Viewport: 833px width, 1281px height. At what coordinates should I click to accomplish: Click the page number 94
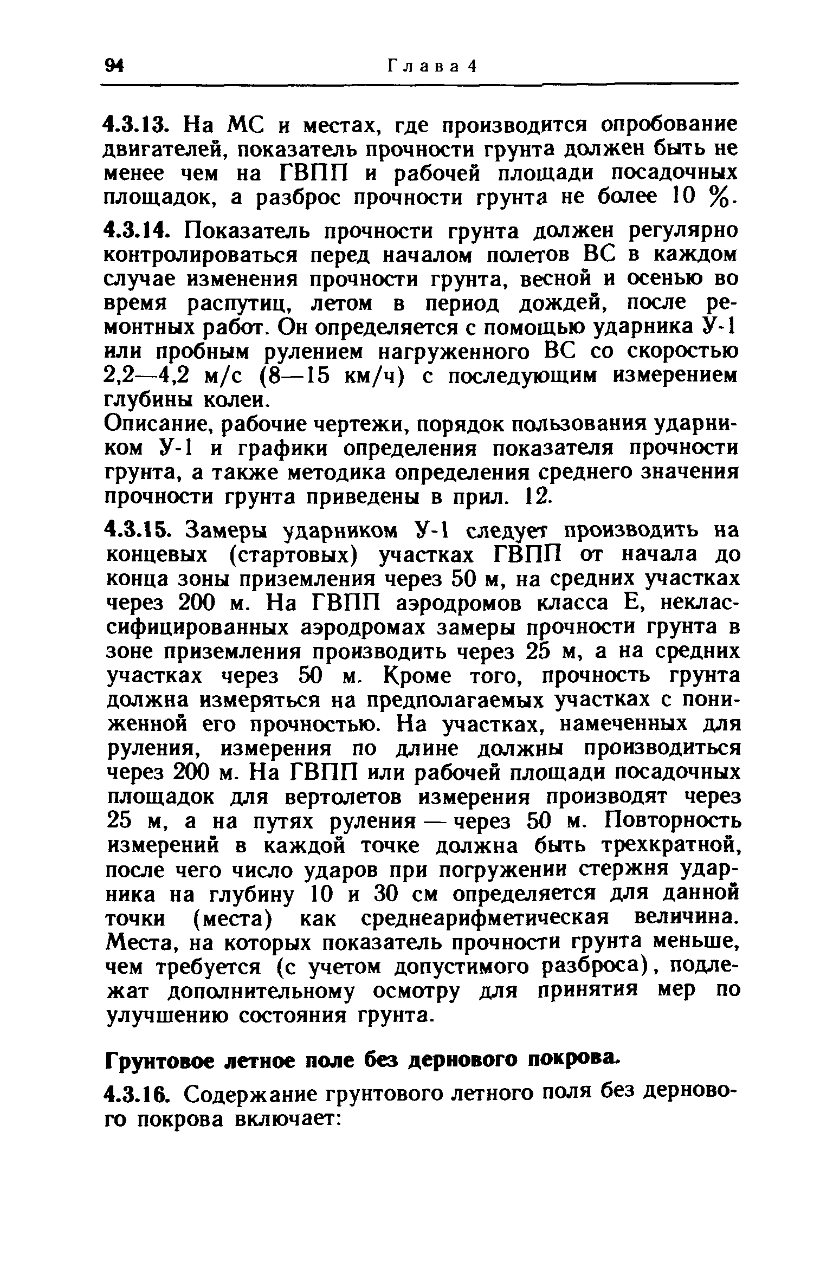click(114, 66)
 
